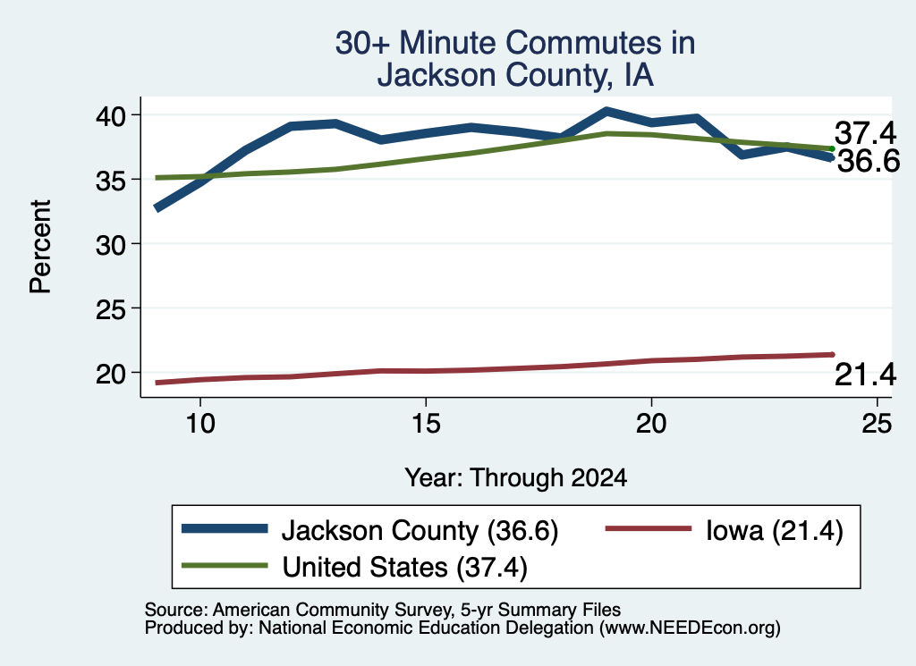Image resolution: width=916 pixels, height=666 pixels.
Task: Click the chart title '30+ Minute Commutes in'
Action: pyautogui.click(x=515, y=43)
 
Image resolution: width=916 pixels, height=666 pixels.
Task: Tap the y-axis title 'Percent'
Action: pyautogui.click(x=40, y=247)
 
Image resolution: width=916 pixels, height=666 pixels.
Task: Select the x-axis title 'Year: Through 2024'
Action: pyautogui.click(x=516, y=477)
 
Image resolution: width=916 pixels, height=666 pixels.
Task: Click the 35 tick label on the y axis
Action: pyautogui.click(x=110, y=180)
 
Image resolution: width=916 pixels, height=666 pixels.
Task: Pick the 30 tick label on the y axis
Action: pyautogui.click(x=110, y=245)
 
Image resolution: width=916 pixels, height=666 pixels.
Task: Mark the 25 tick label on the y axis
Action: pyautogui.click(x=110, y=308)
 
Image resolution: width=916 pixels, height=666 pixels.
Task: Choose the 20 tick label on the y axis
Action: pyautogui.click(x=110, y=374)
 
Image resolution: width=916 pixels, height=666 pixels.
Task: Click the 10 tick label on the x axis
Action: pyautogui.click(x=200, y=423)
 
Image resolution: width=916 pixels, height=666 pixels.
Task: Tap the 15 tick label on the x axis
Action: pyautogui.click(x=426, y=423)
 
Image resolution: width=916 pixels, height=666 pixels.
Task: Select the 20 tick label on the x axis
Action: pyautogui.click(x=651, y=423)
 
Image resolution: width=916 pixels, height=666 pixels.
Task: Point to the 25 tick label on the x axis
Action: pyautogui.click(x=877, y=423)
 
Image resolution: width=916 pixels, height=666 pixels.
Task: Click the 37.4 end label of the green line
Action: pyautogui.click(x=865, y=132)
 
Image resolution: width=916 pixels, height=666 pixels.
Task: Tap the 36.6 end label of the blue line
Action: pyautogui.click(x=869, y=161)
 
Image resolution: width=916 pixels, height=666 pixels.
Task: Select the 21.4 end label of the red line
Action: pyautogui.click(x=865, y=375)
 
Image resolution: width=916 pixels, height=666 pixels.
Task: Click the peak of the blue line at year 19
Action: pyautogui.click(x=606, y=111)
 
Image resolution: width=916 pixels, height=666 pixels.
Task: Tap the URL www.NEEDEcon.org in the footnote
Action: pyautogui.click(x=690, y=628)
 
